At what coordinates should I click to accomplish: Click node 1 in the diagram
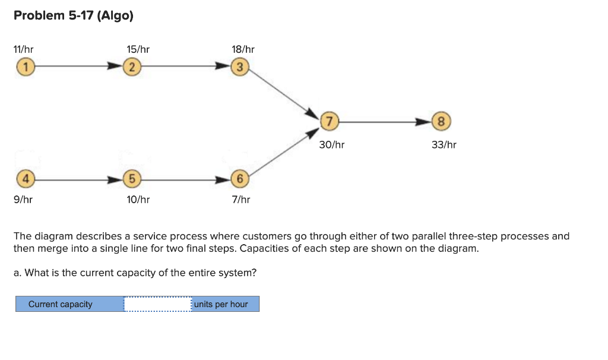point(24,67)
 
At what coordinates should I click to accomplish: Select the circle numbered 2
point(133,67)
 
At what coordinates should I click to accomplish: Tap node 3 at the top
point(239,67)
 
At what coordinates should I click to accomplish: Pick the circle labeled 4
point(24,178)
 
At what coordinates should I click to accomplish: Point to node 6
point(239,178)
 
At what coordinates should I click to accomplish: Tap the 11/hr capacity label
point(24,49)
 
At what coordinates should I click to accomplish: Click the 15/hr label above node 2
point(138,49)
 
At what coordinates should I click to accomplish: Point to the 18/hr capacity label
point(243,49)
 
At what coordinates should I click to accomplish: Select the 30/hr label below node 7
point(331,144)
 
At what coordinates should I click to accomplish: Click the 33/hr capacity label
point(444,144)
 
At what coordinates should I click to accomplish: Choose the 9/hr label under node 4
point(23,200)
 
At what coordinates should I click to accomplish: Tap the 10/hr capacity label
point(138,200)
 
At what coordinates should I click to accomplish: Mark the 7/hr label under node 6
point(240,200)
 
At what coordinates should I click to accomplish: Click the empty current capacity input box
point(157,304)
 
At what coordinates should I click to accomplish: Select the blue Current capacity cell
point(69,304)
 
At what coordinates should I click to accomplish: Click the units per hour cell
point(225,304)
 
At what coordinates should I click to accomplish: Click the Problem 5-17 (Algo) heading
point(74,16)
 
